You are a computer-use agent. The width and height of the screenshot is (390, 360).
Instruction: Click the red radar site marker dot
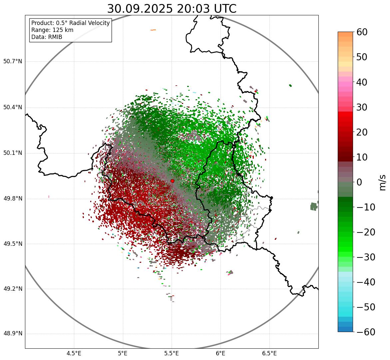[x=172, y=181]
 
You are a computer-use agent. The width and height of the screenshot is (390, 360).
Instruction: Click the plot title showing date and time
[x=172, y=9]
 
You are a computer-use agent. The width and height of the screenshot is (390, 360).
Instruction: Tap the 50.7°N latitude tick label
[x=12, y=62]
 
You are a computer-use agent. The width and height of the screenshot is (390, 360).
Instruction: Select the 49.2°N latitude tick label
[x=12, y=289]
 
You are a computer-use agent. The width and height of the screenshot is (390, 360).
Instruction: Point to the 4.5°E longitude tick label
[x=74, y=353]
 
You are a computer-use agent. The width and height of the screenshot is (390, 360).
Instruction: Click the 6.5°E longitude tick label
[x=269, y=353]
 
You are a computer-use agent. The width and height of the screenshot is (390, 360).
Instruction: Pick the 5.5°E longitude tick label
[x=172, y=353]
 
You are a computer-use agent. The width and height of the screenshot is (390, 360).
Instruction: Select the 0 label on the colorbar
[x=359, y=182]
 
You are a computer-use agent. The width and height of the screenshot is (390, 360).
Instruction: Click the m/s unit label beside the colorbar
[x=383, y=182]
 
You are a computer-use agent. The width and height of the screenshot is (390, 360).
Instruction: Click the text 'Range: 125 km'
[x=52, y=30]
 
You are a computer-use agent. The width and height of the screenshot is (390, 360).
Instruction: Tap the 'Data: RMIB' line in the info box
[x=47, y=37]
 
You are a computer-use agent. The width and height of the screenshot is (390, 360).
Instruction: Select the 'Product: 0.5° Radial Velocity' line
[x=70, y=23]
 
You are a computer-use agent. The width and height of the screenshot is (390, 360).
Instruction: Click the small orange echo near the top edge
[x=153, y=30]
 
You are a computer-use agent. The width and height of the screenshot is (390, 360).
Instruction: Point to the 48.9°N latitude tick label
[x=12, y=334]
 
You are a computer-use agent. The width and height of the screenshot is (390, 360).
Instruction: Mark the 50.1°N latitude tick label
[x=12, y=153]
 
